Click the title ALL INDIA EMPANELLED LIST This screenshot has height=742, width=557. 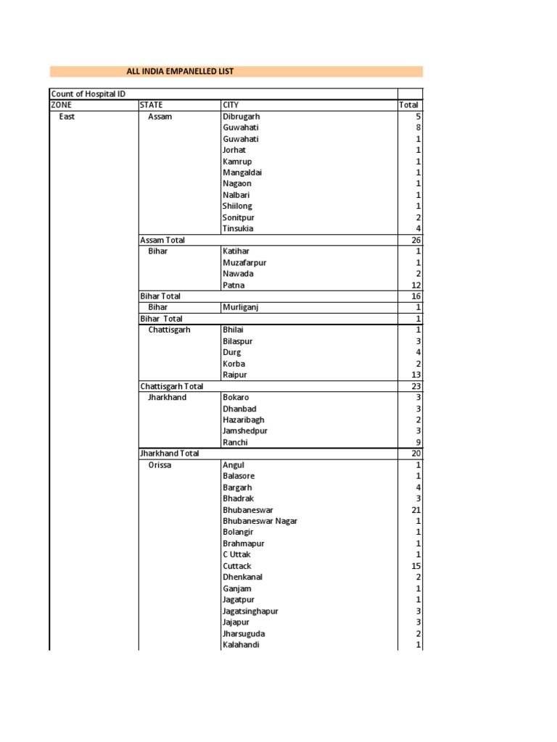click(180, 71)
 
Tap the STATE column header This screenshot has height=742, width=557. click(152, 105)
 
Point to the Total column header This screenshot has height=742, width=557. click(409, 105)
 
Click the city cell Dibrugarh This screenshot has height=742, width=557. click(242, 116)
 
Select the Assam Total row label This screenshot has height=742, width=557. click(162, 240)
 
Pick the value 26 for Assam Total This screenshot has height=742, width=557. click(416, 240)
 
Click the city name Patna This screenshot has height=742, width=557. click(234, 285)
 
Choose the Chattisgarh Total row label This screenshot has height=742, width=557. click(172, 386)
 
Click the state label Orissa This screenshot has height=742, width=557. click(160, 465)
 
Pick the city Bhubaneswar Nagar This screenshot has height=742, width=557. click(260, 521)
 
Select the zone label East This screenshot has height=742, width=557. click(67, 116)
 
